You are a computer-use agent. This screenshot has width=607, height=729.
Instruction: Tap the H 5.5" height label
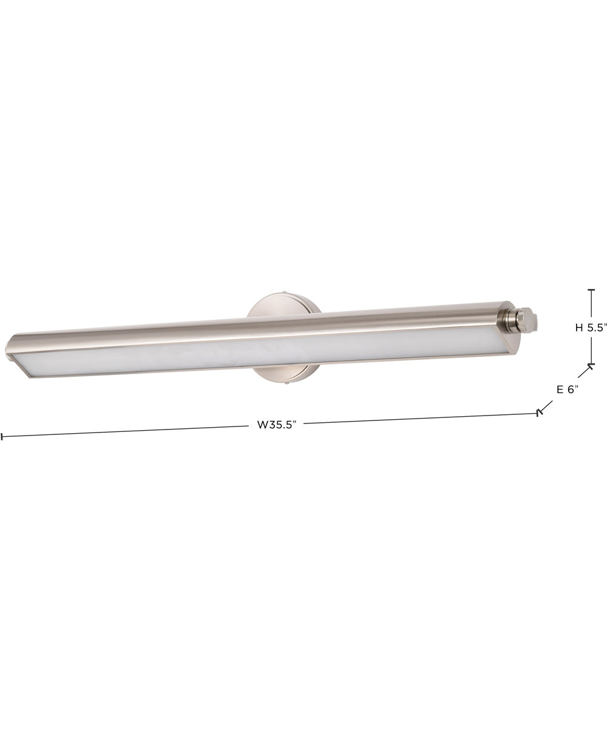click(591, 327)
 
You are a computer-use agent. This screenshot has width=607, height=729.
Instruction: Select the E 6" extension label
click(568, 389)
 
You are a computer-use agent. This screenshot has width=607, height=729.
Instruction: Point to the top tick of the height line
click(591, 291)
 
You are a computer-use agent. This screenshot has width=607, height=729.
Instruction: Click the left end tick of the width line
click(2, 436)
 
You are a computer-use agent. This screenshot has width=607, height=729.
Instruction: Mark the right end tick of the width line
click(538, 413)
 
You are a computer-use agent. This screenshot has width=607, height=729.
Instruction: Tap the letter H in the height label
click(579, 327)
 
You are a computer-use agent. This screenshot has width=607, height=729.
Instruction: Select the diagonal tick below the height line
click(589, 369)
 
